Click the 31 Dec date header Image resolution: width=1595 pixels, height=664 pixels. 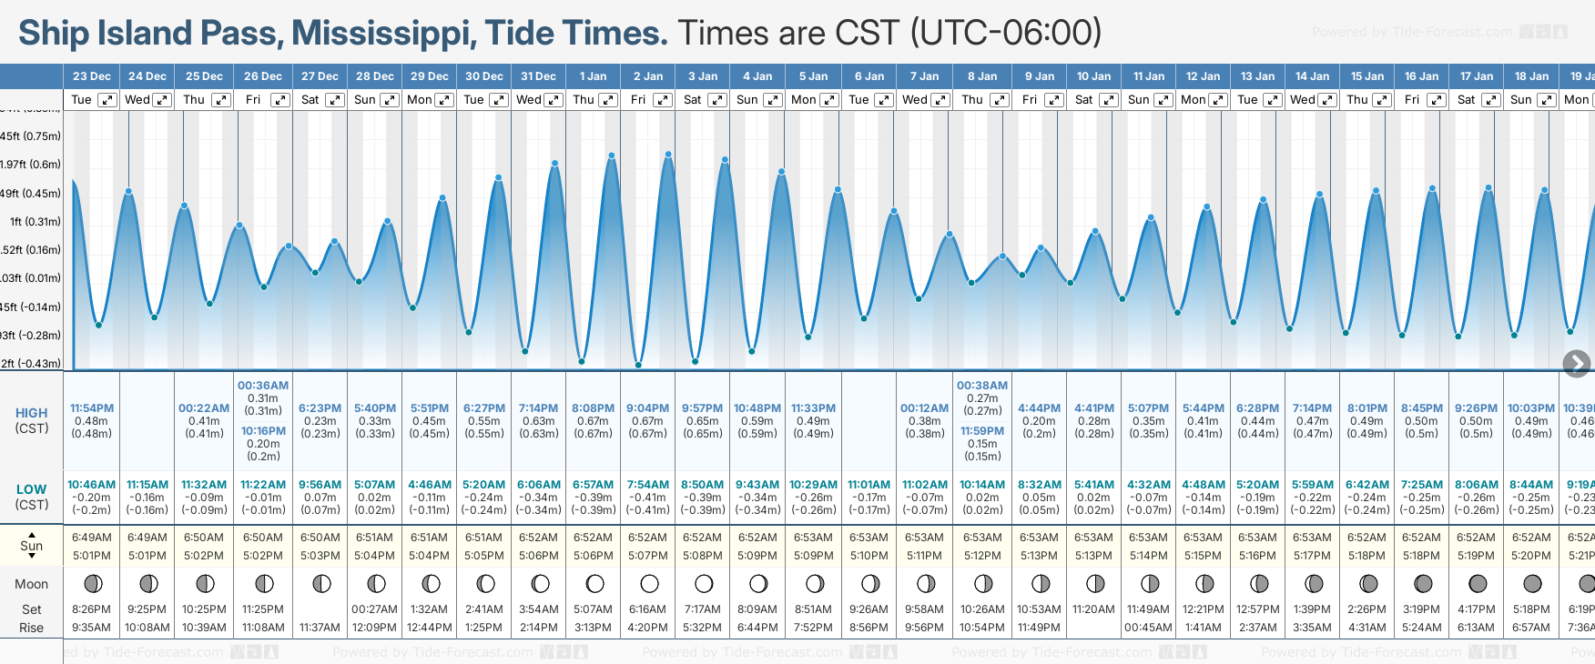538,76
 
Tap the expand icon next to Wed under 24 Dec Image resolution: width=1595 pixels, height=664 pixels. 162,100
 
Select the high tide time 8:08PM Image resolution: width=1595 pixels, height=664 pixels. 593,408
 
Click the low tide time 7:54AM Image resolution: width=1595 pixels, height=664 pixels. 647,485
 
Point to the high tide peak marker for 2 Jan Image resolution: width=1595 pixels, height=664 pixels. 668,155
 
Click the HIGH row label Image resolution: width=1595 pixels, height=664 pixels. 32,413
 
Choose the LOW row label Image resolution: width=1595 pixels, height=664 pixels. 32,489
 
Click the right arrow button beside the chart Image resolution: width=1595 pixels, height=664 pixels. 1576,364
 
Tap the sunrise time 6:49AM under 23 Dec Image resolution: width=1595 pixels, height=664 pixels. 92,538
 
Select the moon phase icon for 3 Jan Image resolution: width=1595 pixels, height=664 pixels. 704,583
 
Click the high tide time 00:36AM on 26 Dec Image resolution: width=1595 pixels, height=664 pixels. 263,386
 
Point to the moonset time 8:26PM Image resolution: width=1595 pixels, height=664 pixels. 91,609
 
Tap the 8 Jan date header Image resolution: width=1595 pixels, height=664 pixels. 982,76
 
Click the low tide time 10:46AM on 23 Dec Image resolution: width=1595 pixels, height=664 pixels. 92,485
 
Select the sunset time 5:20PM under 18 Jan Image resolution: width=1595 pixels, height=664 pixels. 1531,555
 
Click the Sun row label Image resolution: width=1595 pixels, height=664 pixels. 32,546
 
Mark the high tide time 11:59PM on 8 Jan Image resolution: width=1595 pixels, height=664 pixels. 982,431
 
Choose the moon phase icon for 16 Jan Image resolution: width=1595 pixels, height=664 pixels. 1423,583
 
